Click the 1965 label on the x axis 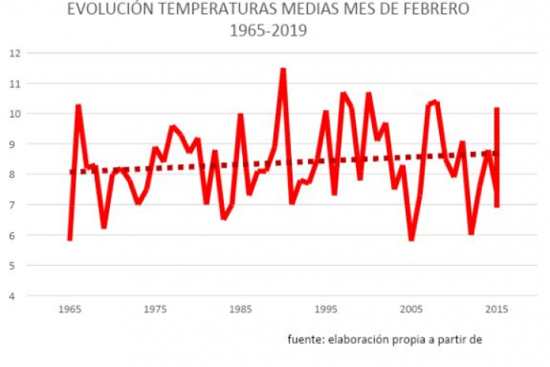[x=70, y=310]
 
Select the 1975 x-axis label [x=155, y=310]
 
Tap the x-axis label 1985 [x=241, y=310]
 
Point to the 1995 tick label [x=326, y=310]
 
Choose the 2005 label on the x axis [x=412, y=310]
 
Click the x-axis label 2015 [x=497, y=310]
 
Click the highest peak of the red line [x=283, y=69]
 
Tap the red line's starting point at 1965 [x=70, y=240]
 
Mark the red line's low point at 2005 [x=412, y=240]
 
